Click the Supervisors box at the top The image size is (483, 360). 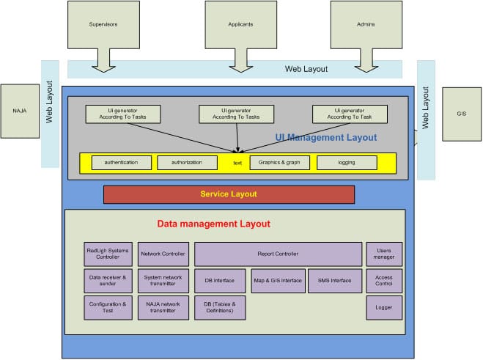[103, 24]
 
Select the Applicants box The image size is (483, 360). [240, 24]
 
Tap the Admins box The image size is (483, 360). [365, 24]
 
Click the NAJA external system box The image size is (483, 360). [19, 111]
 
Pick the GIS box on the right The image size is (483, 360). [461, 114]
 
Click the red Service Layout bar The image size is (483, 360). [229, 194]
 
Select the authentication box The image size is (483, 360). [121, 162]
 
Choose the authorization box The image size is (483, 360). [187, 162]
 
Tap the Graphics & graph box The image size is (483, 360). [279, 162]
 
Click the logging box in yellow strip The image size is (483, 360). [347, 162]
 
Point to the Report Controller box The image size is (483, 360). [278, 254]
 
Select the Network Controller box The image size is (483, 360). [163, 254]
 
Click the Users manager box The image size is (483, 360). [384, 254]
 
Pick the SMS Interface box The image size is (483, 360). [335, 281]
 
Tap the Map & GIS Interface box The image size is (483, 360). [278, 281]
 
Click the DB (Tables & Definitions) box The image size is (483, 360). [220, 307]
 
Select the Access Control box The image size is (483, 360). [384, 281]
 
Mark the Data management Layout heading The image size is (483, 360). [214, 224]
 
